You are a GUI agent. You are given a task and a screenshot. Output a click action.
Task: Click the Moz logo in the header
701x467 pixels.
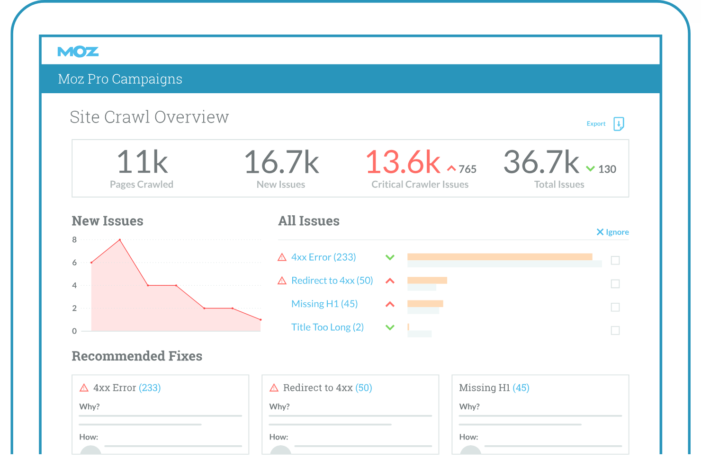(x=78, y=52)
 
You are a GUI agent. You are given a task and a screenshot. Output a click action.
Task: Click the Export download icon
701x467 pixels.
(x=619, y=124)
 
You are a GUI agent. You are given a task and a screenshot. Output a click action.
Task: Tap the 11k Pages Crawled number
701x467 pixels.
(x=142, y=162)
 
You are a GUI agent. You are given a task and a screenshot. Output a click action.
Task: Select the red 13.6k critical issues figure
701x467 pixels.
(x=403, y=162)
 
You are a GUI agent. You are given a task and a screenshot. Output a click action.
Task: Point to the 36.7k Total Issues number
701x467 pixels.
(x=541, y=162)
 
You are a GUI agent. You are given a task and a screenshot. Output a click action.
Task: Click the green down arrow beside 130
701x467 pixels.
(x=590, y=169)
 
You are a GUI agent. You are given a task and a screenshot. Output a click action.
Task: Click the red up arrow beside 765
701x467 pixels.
(x=451, y=169)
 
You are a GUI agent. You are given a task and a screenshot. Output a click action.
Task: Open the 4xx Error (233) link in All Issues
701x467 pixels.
(x=324, y=257)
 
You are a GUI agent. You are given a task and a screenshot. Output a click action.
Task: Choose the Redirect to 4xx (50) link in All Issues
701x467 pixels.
(x=332, y=281)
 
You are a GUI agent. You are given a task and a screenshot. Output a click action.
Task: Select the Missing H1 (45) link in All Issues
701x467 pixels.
(x=324, y=304)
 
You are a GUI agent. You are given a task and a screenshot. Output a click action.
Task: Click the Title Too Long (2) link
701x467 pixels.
(x=327, y=327)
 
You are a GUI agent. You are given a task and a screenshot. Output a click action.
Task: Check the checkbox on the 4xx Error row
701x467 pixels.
(x=615, y=261)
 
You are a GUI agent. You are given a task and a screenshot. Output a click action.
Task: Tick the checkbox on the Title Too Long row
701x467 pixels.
(x=615, y=331)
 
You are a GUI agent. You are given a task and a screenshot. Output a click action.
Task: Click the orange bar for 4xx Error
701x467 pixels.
(x=499, y=257)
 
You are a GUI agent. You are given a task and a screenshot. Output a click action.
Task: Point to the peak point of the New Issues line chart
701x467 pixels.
(x=120, y=240)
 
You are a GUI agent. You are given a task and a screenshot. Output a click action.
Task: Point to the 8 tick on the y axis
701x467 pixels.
(x=74, y=240)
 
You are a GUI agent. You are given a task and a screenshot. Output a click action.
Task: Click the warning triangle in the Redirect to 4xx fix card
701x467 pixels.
(x=274, y=388)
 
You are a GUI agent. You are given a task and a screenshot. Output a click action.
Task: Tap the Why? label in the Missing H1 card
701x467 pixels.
(x=469, y=407)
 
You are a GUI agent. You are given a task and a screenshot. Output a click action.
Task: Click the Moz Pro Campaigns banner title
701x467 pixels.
(x=120, y=79)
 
